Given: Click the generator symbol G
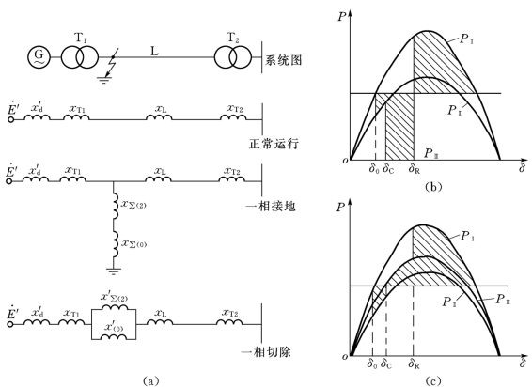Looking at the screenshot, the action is click(39, 57).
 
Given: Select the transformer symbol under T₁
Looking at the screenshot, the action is click(80, 57).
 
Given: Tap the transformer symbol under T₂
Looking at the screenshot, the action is click(233, 57).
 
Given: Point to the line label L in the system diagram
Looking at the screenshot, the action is click(155, 51).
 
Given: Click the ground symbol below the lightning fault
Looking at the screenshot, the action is click(103, 80).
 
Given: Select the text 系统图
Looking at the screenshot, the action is click(284, 60).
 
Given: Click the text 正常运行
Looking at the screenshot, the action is click(274, 144).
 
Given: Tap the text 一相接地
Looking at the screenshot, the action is click(271, 206).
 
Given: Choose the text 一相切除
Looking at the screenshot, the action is click(266, 351).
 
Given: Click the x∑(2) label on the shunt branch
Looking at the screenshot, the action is click(133, 204).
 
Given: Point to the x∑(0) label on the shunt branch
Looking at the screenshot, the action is click(134, 243).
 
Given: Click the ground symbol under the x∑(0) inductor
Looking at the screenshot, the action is click(114, 271).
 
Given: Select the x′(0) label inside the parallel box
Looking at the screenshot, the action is click(114, 327).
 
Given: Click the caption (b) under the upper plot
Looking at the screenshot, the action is click(433, 187).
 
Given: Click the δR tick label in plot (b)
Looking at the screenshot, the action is click(414, 168).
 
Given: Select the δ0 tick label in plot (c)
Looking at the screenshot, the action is click(372, 364).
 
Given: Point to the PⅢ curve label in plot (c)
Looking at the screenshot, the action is click(503, 300).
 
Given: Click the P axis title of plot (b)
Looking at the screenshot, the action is click(341, 16).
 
